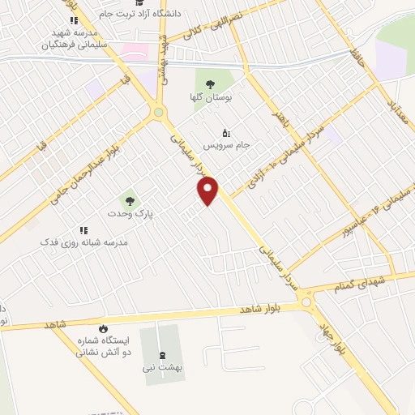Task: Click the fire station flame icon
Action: pos(103,328)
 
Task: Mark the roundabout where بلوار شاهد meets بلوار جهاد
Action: pos(307,303)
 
